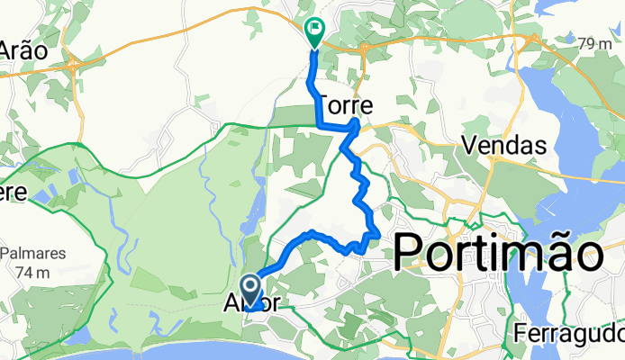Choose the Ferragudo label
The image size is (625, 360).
(x=569, y=333)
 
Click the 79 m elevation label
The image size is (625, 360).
(x=594, y=43)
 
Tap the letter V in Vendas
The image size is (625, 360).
(x=468, y=145)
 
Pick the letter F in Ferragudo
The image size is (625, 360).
(x=521, y=333)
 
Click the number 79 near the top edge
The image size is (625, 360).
(x=587, y=43)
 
